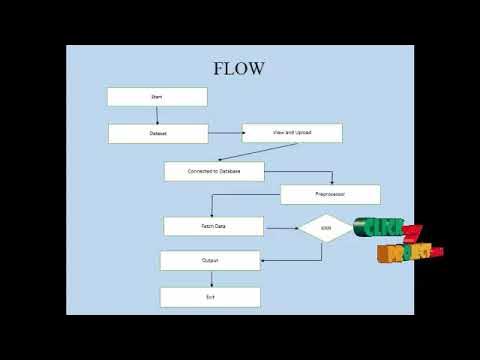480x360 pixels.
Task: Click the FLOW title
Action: pyautogui.click(x=239, y=69)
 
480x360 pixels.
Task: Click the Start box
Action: pyautogui.click(x=157, y=97)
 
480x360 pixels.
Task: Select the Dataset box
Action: pyautogui.click(x=158, y=133)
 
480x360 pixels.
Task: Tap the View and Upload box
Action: pyautogui.click(x=292, y=133)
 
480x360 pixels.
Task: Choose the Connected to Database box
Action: pyautogui.click(x=214, y=171)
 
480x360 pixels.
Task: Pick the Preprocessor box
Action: pyautogui.click(x=330, y=194)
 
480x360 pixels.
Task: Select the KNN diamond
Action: pyautogui.click(x=326, y=229)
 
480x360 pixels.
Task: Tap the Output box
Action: pyautogui.click(x=210, y=261)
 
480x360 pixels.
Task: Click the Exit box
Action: pyautogui.click(x=210, y=297)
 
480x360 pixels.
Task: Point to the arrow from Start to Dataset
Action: pyautogui.click(x=158, y=115)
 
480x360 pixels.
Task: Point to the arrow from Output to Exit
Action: pyautogui.click(x=211, y=279)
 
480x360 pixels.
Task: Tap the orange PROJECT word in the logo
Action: pyautogui.click(x=405, y=252)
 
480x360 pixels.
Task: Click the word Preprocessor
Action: pyautogui.click(x=330, y=194)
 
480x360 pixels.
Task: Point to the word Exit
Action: pyautogui.click(x=210, y=297)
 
